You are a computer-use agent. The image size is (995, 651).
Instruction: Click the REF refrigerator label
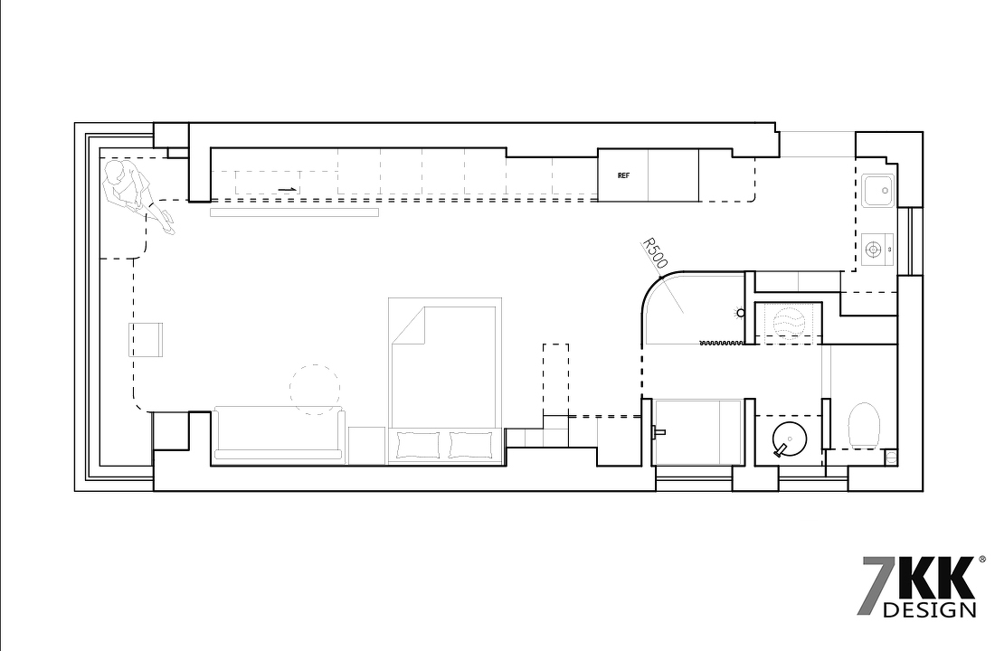[x=623, y=175]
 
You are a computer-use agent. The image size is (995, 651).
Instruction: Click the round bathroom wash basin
[x=789, y=439]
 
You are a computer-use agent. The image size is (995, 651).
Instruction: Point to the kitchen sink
[x=878, y=191]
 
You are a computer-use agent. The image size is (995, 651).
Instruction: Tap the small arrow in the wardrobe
[x=288, y=189]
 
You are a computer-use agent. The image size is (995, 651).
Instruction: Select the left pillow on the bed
[x=418, y=445]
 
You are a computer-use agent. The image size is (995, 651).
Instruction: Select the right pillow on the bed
[x=470, y=445]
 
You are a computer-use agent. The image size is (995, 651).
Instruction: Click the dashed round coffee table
[x=315, y=390]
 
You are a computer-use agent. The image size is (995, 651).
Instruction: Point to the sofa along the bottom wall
[x=280, y=434]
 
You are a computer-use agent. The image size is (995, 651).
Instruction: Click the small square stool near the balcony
[x=146, y=339]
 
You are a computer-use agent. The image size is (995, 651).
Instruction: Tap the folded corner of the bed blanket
[x=409, y=325]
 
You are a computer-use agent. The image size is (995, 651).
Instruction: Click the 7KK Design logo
[x=918, y=586]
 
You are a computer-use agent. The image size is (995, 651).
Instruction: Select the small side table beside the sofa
[x=366, y=446]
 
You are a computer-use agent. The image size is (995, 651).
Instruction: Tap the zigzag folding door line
[x=722, y=344]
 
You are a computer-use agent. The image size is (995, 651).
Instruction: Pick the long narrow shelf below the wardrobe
[x=295, y=212]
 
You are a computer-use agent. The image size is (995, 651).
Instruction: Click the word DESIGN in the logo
[x=929, y=609]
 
